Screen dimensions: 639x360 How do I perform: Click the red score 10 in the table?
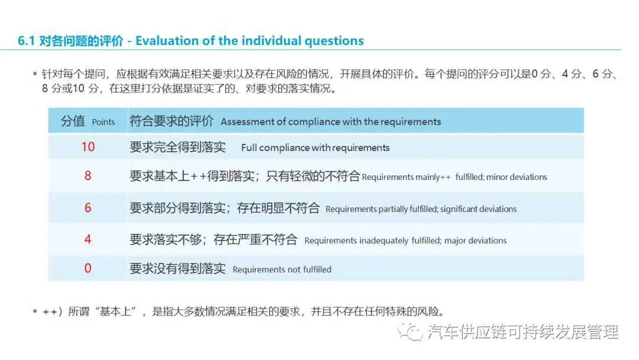click(88, 147)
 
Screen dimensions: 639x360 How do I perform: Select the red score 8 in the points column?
click(88, 176)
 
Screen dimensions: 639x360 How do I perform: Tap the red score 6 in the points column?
click(88, 208)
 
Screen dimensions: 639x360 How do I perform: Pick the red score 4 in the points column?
click(88, 239)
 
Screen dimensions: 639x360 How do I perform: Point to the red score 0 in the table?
click(88, 268)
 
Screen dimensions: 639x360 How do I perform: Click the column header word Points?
click(104, 122)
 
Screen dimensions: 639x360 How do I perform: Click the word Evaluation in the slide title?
click(167, 41)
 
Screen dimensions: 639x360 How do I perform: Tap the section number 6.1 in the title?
click(26, 41)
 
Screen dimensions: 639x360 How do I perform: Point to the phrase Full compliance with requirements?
click(315, 147)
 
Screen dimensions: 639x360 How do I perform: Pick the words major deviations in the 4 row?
click(476, 240)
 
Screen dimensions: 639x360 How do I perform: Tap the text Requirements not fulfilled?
click(282, 269)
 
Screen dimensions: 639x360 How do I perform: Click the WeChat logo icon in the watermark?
click(410, 332)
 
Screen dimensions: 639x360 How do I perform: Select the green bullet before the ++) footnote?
click(35, 311)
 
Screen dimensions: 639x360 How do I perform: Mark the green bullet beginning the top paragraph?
click(35, 74)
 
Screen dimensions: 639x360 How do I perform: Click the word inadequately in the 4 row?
click(385, 240)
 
